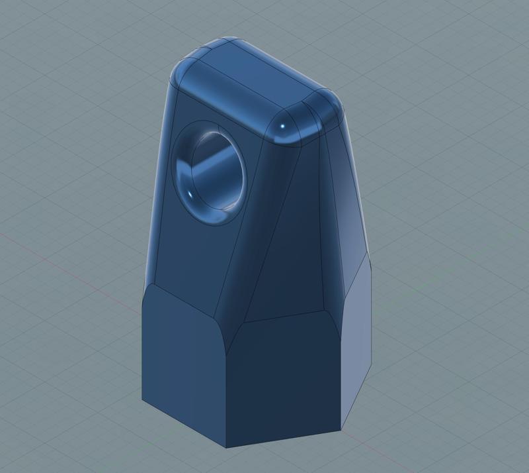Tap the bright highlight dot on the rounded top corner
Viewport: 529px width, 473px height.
pos(283,127)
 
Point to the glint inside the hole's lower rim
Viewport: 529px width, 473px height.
pos(190,193)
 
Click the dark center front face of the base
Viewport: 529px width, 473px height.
pos(284,378)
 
